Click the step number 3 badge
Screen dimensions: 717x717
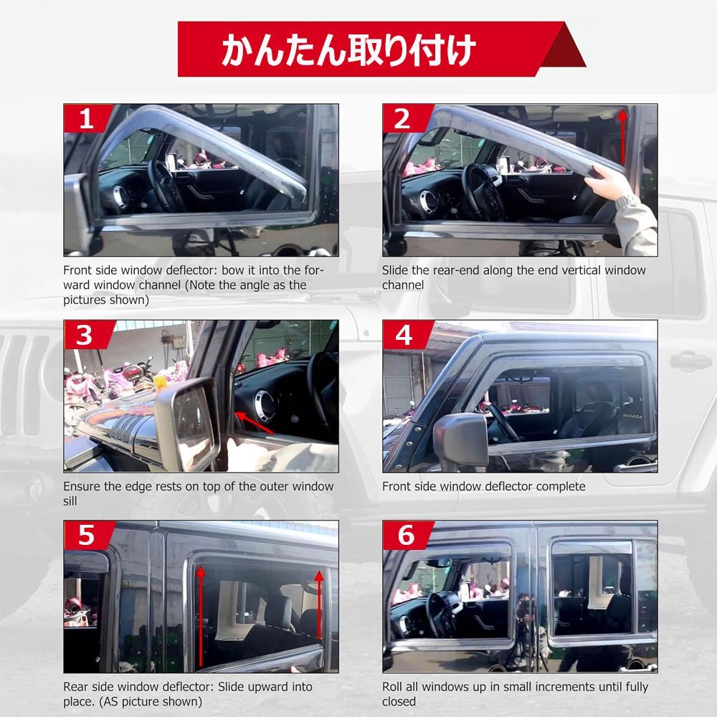coord(85,335)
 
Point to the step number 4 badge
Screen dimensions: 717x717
coord(404,335)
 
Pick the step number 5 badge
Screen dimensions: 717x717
coord(85,536)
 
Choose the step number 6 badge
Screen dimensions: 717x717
coord(404,536)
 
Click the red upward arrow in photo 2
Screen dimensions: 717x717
coord(622,136)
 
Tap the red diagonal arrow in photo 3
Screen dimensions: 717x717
coord(255,422)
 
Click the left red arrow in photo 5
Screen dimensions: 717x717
coord(201,617)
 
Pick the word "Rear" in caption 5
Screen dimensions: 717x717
coord(77,687)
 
